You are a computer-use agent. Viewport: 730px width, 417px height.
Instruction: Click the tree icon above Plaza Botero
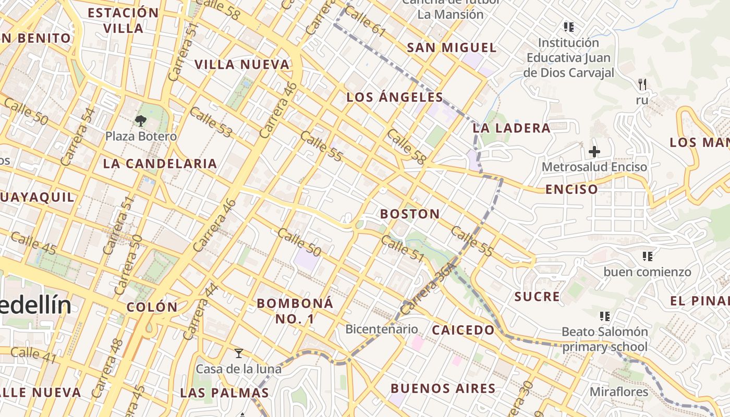coord(140,121)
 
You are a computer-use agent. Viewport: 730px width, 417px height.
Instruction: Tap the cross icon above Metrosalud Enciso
coord(594,152)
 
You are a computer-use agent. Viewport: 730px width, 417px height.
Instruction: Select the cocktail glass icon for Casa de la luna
coord(239,353)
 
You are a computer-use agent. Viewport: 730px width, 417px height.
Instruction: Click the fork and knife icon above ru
coord(642,83)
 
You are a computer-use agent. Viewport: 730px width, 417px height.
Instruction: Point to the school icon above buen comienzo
coord(648,256)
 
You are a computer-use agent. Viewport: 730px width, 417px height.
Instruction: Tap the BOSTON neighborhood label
coord(410,214)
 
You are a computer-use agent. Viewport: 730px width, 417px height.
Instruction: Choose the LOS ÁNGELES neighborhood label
coord(395,97)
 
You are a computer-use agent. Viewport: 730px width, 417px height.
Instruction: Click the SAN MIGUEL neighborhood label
coord(452,47)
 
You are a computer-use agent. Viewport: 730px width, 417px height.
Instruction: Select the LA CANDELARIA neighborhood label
coord(160,163)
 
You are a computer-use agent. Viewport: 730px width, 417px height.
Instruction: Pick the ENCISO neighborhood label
coord(571,189)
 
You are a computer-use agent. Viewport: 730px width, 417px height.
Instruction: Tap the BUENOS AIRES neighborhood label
coord(443,388)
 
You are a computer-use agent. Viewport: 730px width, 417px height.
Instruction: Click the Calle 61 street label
coord(365,22)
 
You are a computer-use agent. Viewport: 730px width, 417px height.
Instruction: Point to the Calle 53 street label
coord(211,122)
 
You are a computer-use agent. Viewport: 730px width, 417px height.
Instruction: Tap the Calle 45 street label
coord(33,243)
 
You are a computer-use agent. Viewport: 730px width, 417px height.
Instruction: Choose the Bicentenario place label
coord(382,329)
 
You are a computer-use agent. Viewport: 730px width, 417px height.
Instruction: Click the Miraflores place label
coord(619,391)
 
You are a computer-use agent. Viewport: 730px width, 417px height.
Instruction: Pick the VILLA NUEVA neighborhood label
coord(242,64)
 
